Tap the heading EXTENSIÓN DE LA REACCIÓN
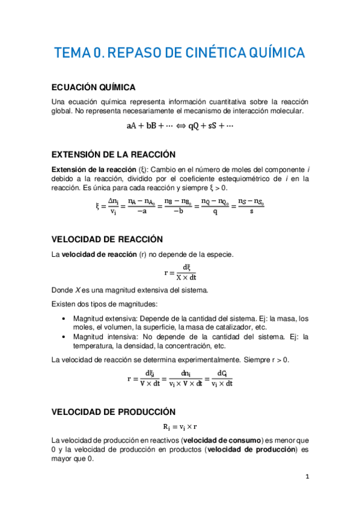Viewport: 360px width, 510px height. pyautogui.click(x=114, y=154)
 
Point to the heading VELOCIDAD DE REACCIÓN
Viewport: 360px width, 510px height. pyautogui.click(x=108, y=239)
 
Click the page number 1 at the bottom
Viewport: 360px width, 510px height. pyautogui.click(x=307, y=477)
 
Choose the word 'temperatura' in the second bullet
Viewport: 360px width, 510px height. pyautogui.click(x=94, y=346)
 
